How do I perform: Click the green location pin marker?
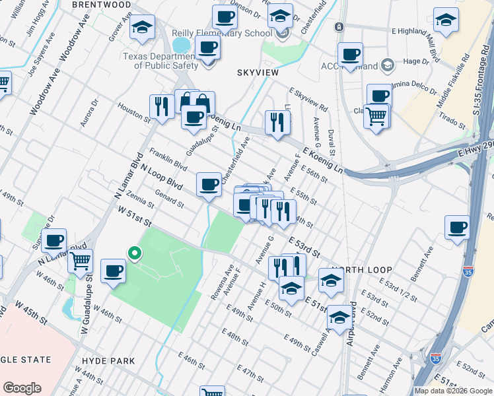pos(134,253)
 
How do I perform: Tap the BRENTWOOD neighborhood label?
pos(101,5)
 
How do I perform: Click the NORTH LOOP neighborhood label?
pos(363,271)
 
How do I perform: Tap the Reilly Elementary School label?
pos(221,33)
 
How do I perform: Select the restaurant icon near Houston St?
pos(161,106)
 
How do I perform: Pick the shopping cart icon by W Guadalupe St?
pos(80,261)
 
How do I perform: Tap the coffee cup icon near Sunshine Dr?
pos(53,240)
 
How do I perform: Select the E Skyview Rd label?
pos(307,99)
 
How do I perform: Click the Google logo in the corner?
pos(22,388)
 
